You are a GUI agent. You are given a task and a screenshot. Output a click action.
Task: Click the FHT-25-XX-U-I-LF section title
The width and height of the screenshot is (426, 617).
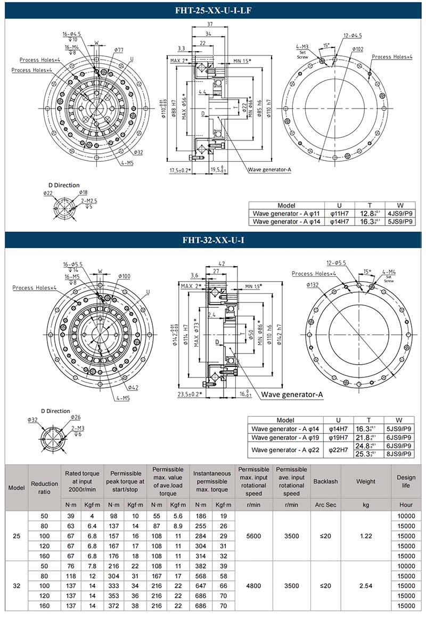[213, 10]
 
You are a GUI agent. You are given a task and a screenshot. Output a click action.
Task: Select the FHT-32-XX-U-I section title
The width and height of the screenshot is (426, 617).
[213, 240]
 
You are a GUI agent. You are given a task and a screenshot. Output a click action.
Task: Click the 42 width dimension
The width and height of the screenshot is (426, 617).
[222, 263]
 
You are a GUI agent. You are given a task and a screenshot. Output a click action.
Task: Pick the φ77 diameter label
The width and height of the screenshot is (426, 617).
[118, 50]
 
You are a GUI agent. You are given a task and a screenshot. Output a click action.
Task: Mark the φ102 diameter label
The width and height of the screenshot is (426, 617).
[357, 49]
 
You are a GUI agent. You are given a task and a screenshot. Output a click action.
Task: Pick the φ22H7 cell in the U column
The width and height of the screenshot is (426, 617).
[339, 450]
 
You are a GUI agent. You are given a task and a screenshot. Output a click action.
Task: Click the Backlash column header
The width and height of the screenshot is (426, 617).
[325, 481]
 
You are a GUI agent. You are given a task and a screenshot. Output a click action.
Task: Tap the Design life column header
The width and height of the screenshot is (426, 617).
[406, 481]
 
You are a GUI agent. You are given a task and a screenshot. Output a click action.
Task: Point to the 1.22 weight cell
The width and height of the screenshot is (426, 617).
[365, 536]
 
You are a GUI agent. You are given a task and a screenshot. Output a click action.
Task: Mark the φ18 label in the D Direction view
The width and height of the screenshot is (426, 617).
[84, 193]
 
